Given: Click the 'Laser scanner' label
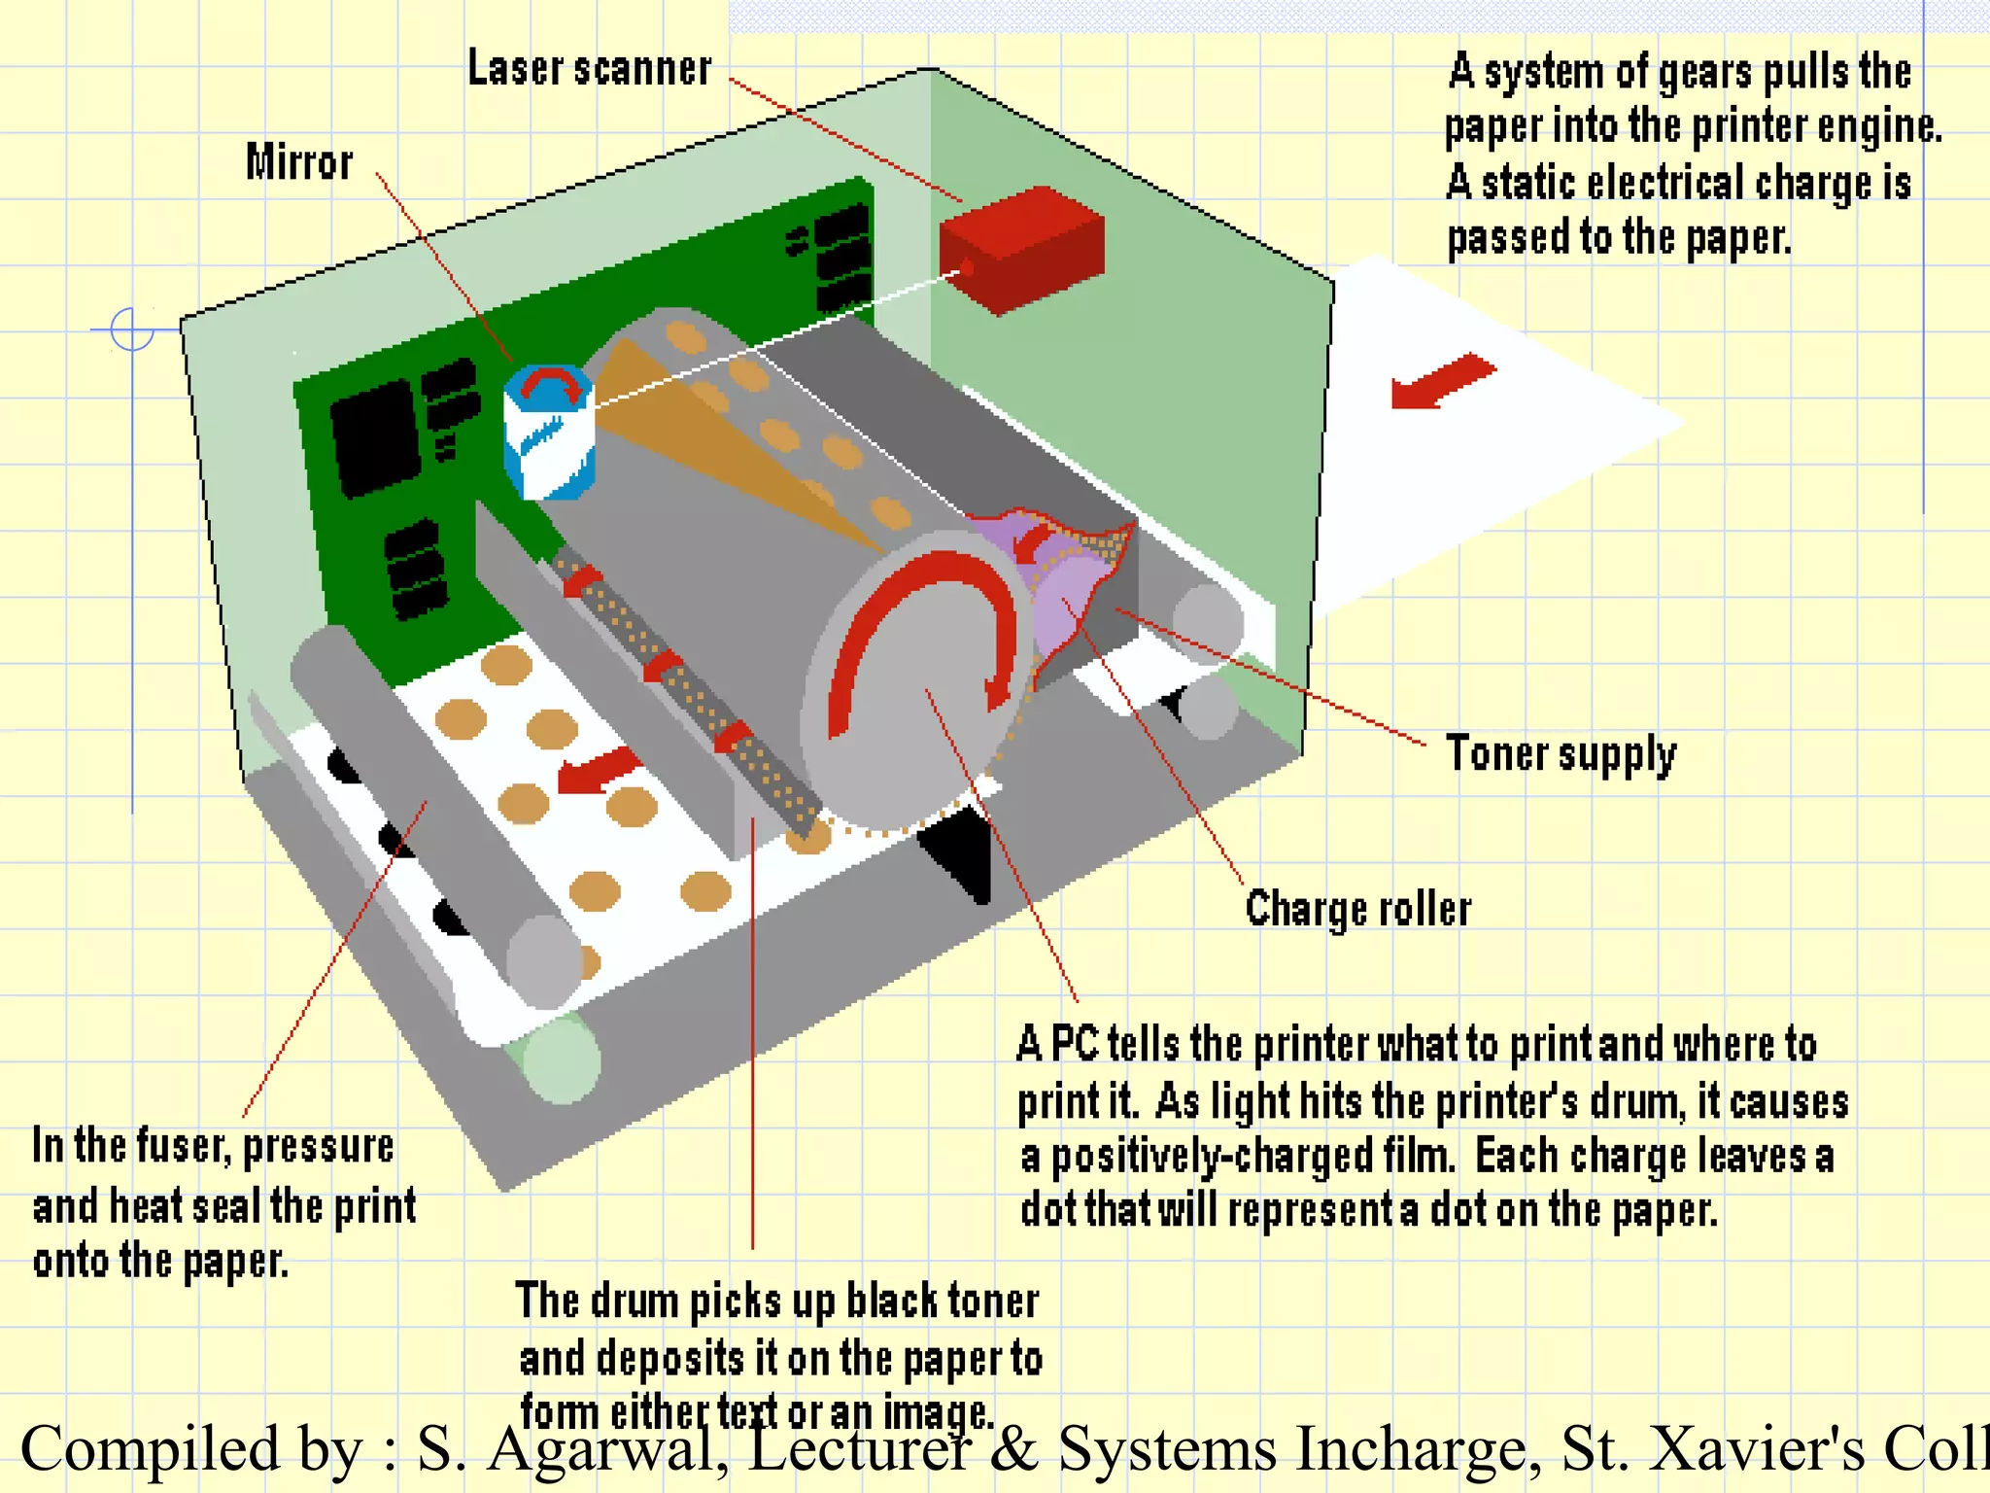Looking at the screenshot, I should tap(590, 69).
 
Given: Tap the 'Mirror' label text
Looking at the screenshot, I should tap(299, 162).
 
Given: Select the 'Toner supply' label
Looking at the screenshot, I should tap(1561, 754).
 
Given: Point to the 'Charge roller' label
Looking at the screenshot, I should tap(1358, 910).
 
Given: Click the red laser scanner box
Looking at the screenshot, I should tap(1021, 248).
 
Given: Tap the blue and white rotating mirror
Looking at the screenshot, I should tap(549, 433).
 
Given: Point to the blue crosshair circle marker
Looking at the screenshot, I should tap(132, 330).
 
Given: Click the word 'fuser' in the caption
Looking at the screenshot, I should tap(182, 1147).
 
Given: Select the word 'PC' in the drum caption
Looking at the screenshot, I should tap(1075, 1045).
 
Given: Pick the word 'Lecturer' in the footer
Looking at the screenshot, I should tap(860, 1449).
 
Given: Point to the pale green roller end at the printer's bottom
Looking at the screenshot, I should tap(562, 1059).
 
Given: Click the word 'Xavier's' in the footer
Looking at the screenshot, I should tap(1758, 1449).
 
